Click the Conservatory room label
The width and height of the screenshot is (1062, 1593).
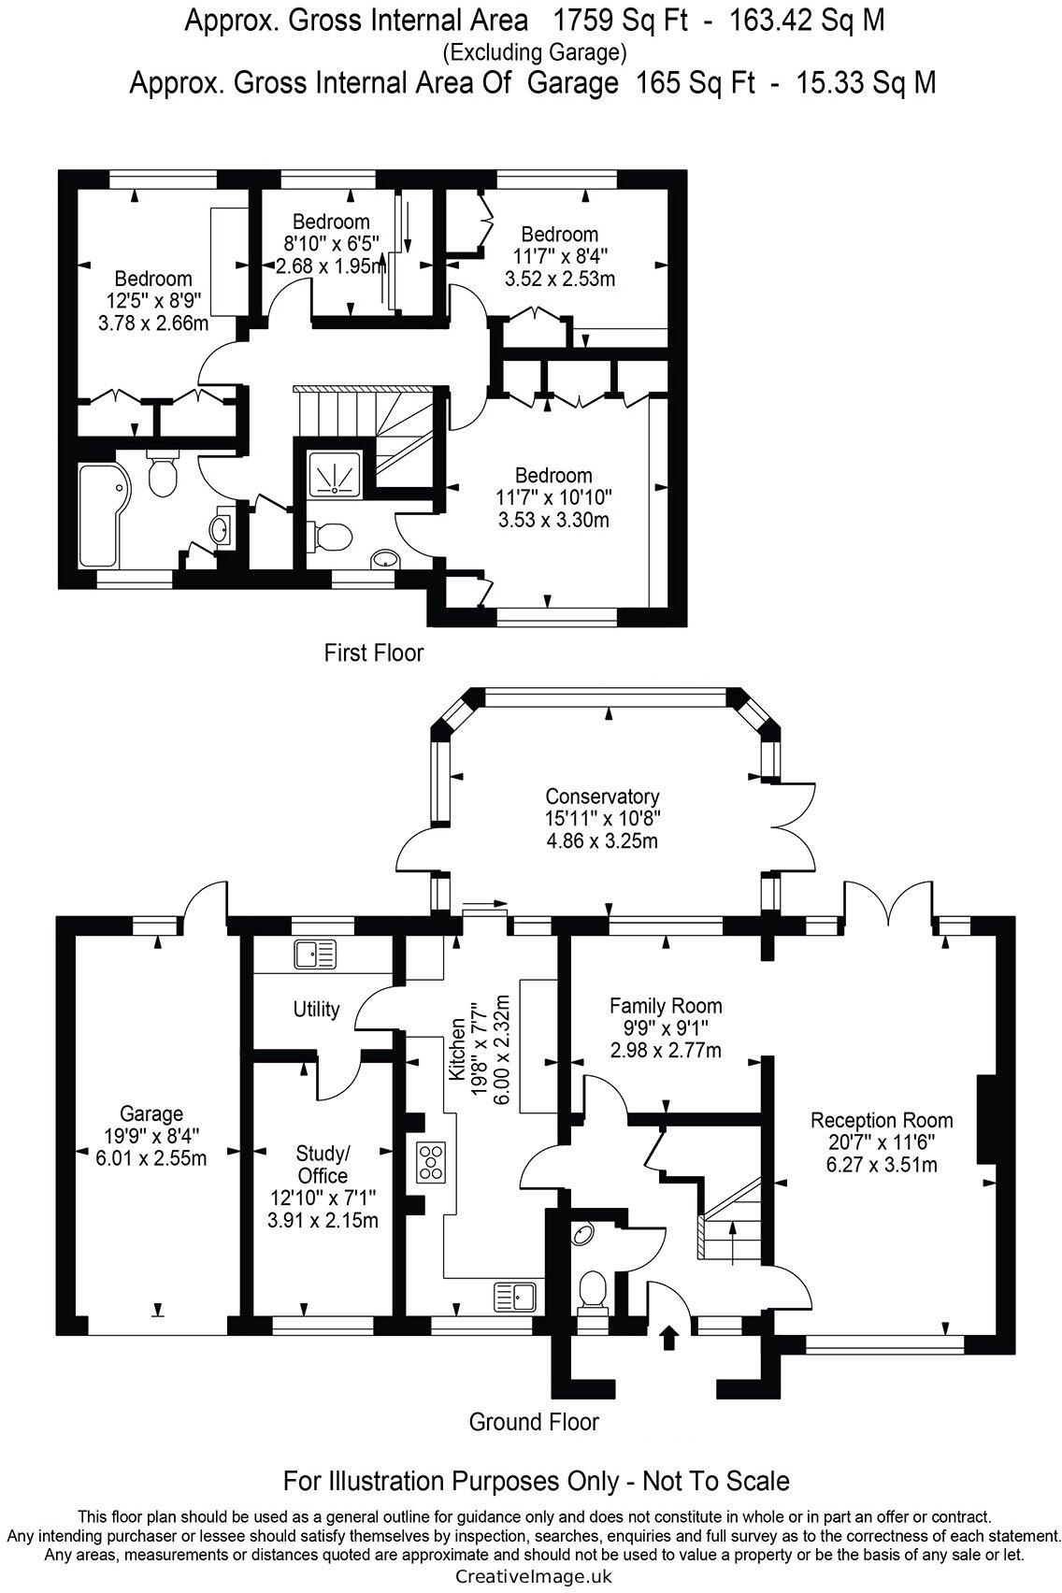pos(602,796)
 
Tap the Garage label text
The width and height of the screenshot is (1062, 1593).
pos(151,1113)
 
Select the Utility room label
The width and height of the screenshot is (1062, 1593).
pos(316,1010)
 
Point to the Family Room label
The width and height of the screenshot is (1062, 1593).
pos(666,1006)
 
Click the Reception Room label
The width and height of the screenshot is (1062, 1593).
pos(882,1120)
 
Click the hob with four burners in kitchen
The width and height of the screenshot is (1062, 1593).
pos(431,1161)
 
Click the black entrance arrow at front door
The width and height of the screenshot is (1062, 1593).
pos(669,1337)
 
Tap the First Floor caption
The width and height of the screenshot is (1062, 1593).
pos(374,653)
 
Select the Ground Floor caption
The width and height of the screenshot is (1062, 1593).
pos(533,1422)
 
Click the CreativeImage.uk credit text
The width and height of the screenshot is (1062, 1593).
pos(533,1576)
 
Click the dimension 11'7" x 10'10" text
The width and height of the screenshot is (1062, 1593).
pos(553,496)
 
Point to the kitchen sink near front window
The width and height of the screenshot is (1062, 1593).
pos(514,1297)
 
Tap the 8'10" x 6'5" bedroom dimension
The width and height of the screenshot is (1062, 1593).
pos(331,244)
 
